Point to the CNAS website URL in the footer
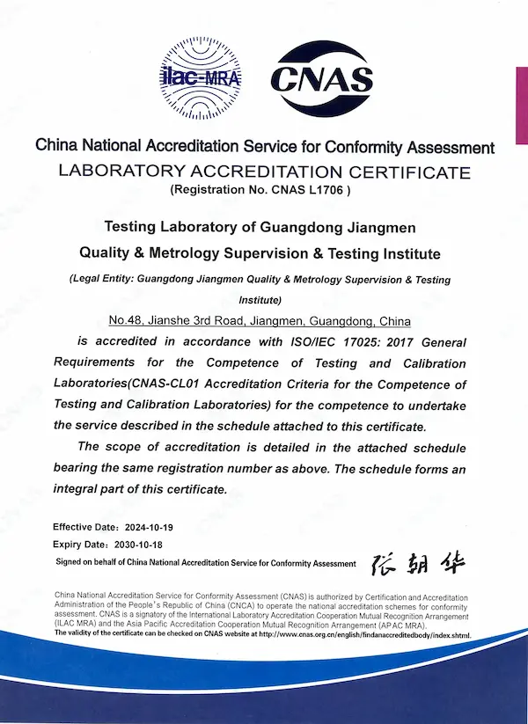[x=368, y=634]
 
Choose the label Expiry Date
[x=77, y=545]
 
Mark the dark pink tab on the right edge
[x=521, y=106]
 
